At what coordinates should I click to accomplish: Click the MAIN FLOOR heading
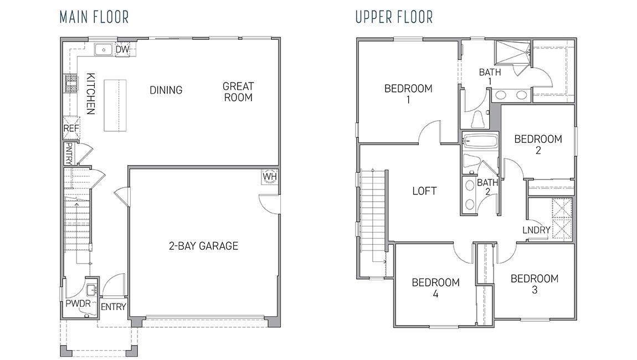point(94,17)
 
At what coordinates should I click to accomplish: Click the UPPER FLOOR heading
point(394,17)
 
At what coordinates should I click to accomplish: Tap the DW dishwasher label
point(122,50)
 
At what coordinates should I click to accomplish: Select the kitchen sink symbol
point(104,50)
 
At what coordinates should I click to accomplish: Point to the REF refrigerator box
point(71,128)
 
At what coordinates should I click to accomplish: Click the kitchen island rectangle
point(115,105)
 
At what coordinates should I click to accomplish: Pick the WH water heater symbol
point(269,176)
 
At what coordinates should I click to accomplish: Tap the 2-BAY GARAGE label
point(203,246)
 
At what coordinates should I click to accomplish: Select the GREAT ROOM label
point(238,92)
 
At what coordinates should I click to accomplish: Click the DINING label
point(166,90)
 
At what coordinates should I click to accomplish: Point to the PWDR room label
point(78,304)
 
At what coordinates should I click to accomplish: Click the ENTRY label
point(114,307)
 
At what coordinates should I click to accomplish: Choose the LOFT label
point(424,191)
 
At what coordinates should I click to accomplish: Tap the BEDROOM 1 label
point(408,94)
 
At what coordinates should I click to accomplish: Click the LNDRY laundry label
point(536,230)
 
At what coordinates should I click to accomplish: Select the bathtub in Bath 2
point(480,141)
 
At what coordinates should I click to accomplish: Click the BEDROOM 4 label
point(435,288)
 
